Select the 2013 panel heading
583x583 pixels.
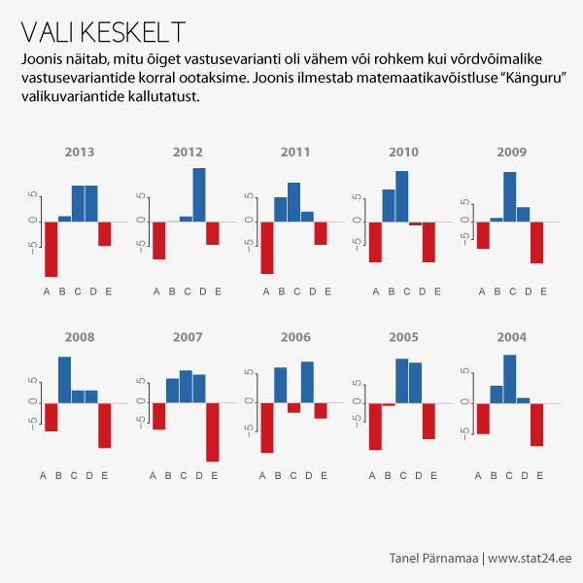(80, 152)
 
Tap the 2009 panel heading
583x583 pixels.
(511, 152)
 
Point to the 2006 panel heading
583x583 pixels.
(295, 337)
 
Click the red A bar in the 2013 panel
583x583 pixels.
(51, 249)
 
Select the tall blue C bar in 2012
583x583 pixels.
(199, 194)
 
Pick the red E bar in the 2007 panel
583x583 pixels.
(213, 431)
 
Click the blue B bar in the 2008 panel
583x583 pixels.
(65, 380)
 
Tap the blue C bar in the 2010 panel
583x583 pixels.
(402, 196)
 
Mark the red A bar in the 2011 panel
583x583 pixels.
(267, 247)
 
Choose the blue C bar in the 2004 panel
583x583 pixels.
(510, 379)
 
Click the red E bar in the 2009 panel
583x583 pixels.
(536, 242)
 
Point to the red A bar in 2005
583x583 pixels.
(375, 426)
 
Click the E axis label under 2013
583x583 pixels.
(108, 291)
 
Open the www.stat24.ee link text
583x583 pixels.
(530, 559)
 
